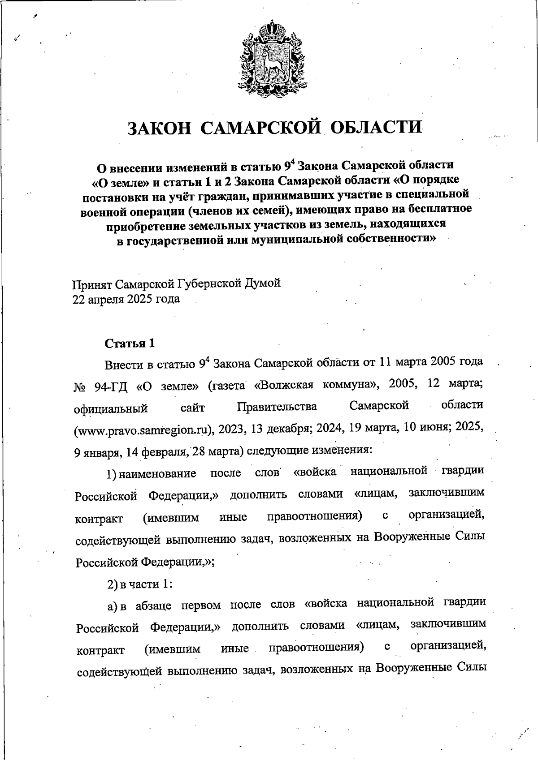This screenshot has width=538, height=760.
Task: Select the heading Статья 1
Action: click(x=130, y=344)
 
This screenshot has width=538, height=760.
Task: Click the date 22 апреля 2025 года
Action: click(x=126, y=299)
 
